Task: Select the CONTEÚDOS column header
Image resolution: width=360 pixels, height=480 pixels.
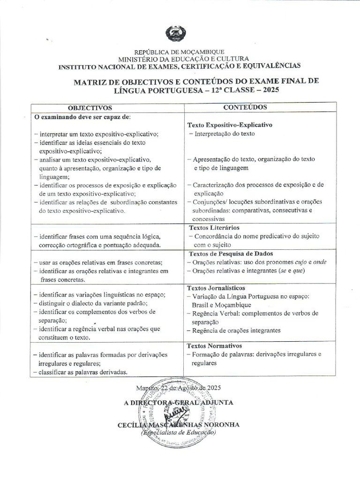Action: [245, 107]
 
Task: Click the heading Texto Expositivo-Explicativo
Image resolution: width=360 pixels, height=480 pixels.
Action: [230, 125]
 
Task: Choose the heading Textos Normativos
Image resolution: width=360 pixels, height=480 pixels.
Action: [213, 345]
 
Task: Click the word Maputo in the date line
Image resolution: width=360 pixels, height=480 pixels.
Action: [148, 389]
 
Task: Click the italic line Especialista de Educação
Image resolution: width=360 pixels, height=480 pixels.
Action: [178, 433]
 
